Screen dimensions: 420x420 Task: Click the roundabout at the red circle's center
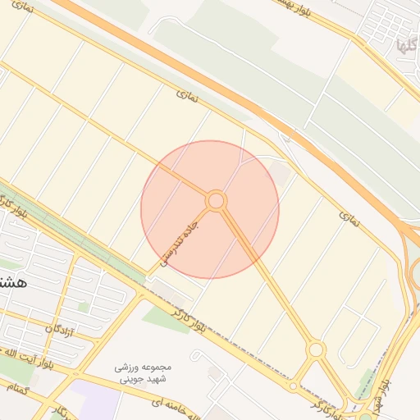point(216,200)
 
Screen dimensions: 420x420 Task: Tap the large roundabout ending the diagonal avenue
point(316,350)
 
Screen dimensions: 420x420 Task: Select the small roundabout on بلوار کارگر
point(293,385)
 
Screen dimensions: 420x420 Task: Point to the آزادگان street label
point(60,331)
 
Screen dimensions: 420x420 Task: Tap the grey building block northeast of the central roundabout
point(280,173)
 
